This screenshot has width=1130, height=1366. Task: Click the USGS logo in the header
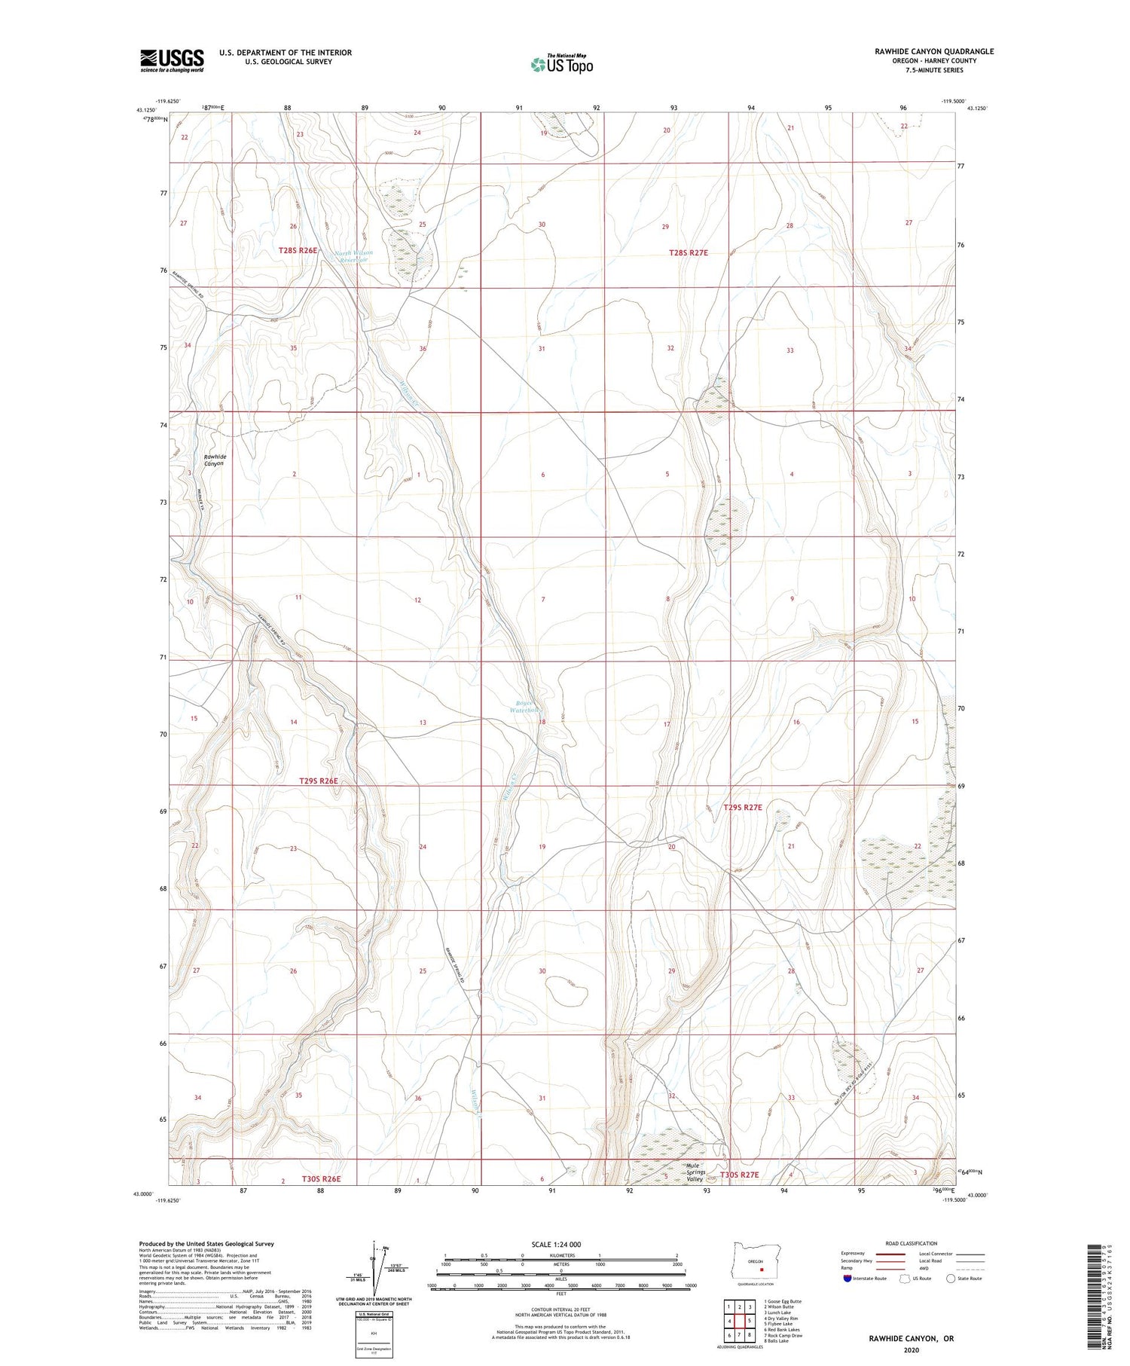tap(172, 60)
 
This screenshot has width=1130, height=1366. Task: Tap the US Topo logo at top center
tap(562, 64)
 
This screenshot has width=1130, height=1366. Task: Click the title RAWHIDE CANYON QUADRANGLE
tap(923, 51)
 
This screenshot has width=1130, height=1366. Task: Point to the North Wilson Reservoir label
tap(353, 257)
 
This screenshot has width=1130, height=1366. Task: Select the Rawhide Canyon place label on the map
tap(215, 460)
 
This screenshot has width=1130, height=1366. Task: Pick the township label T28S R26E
tap(298, 250)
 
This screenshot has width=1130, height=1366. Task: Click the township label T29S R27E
tap(743, 807)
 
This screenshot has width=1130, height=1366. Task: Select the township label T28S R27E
tap(689, 253)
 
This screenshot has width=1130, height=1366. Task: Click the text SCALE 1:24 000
tap(560, 1244)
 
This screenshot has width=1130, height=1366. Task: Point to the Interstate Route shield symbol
tap(847, 1279)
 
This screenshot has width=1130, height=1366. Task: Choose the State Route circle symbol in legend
tap(951, 1279)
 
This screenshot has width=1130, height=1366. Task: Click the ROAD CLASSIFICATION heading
tap(912, 1243)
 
